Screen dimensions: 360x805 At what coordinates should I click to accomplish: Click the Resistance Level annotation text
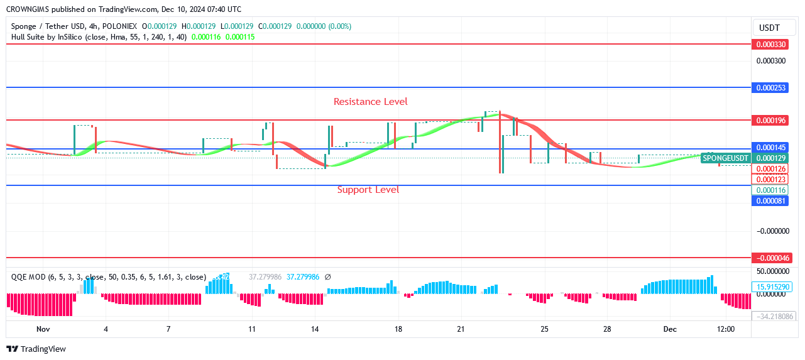click(x=370, y=102)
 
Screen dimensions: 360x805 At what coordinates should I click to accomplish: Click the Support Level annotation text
click(x=368, y=190)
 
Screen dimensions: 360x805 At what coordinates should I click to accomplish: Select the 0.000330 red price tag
click(x=770, y=45)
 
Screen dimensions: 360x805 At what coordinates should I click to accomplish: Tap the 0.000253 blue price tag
click(x=770, y=88)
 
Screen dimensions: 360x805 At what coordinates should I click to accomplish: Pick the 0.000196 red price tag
click(x=770, y=120)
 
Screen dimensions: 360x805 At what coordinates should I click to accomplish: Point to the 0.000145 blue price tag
click(x=770, y=148)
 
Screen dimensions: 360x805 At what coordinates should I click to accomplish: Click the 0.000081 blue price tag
click(x=770, y=201)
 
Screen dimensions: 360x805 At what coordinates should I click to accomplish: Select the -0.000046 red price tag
click(x=770, y=258)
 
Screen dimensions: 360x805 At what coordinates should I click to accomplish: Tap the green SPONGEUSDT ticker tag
click(x=726, y=158)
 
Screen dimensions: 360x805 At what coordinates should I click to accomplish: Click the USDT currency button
click(x=769, y=28)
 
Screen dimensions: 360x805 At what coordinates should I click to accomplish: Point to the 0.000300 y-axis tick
click(x=770, y=61)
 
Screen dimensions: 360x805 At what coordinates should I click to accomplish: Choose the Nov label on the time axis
click(x=43, y=329)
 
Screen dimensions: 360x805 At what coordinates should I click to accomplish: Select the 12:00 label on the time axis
click(x=726, y=329)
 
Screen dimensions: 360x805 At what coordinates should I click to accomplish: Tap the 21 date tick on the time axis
click(x=461, y=329)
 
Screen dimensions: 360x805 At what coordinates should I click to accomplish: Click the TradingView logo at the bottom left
click(x=36, y=349)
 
